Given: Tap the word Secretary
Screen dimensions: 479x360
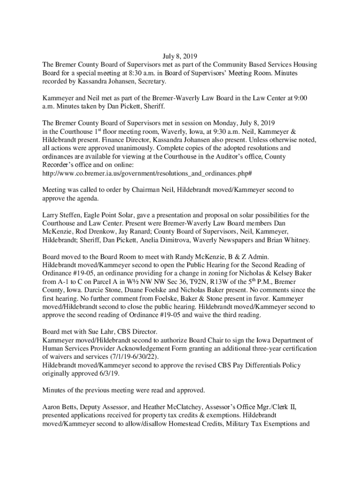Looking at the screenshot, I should click(x=150, y=81).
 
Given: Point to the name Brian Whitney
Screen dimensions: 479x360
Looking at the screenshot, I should click(x=288, y=240).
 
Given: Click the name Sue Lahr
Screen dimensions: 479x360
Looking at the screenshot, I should click(x=96, y=332).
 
